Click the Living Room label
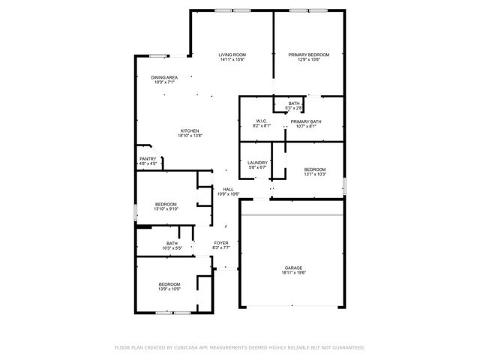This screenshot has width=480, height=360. click(232, 55)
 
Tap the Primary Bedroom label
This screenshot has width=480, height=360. click(309, 55)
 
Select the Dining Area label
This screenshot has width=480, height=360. click(164, 77)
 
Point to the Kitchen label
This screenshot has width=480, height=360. click(189, 130)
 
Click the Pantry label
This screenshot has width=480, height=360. click(148, 158)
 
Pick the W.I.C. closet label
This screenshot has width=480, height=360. click(262, 121)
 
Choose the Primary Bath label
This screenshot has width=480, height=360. click(306, 121)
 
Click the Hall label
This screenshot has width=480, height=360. click(228, 189)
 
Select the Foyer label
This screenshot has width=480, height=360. click(221, 243)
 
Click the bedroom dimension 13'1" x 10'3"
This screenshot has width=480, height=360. click(315, 175)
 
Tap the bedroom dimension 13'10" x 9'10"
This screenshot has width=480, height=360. click(166, 209)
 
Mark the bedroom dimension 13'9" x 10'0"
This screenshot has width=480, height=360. click(169, 289)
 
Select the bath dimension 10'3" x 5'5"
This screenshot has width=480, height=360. click(172, 247)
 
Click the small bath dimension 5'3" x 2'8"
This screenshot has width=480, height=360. click(294, 108)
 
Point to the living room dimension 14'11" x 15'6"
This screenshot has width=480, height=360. click(232, 60)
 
